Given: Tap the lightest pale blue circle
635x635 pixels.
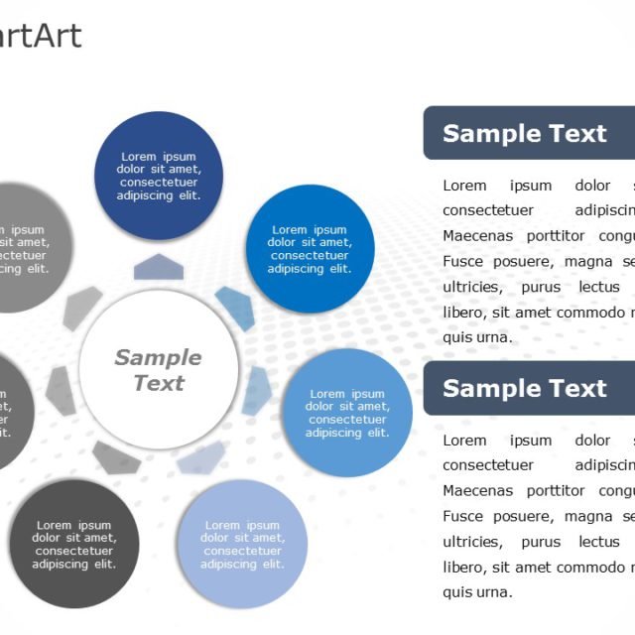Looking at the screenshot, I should click(x=242, y=545).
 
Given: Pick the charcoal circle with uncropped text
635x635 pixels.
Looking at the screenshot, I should click(x=73, y=545).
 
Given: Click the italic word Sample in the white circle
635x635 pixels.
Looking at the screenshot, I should click(x=158, y=357).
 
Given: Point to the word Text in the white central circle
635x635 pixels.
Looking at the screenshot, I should click(x=159, y=383).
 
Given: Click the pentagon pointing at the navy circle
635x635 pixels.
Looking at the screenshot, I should click(x=159, y=266).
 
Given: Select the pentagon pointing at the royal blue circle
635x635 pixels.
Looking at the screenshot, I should click(x=235, y=307).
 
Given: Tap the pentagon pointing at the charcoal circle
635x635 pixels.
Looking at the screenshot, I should click(x=117, y=456).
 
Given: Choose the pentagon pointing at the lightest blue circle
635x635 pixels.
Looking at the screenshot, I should click(x=201, y=457).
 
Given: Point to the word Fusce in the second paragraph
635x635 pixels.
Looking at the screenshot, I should click(x=463, y=516).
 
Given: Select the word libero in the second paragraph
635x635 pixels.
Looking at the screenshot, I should click(x=462, y=567).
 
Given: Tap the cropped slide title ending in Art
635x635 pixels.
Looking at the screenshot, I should click(x=40, y=37).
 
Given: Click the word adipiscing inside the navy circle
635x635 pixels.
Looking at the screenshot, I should click(x=148, y=195).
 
